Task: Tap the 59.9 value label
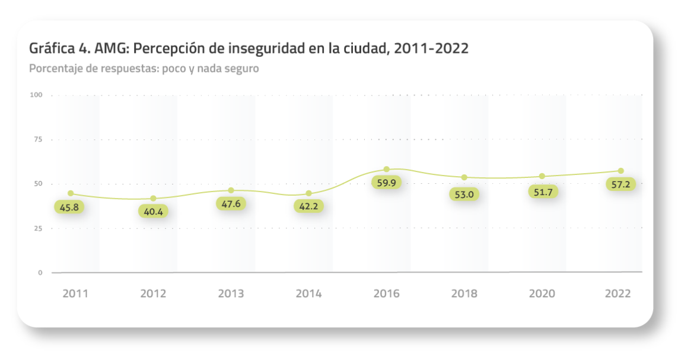point(386,183)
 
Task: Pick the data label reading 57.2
point(620,184)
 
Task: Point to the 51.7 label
point(543,192)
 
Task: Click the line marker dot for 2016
point(386,170)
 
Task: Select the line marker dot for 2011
point(71,193)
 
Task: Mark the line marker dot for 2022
point(621,171)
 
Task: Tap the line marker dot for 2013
point(231,190)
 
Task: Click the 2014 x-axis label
point(308,294)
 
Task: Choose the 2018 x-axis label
point(464,294)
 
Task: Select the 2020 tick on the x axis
point(542,294)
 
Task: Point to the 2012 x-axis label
point(153,294)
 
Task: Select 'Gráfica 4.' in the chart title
point(59,49)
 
